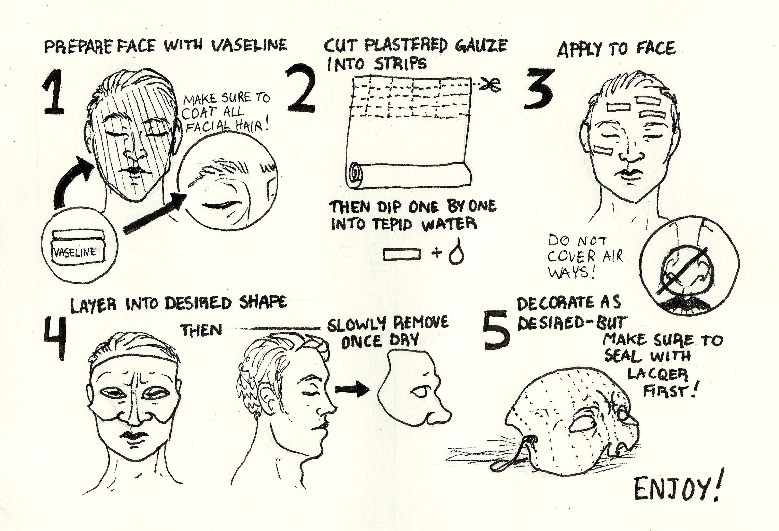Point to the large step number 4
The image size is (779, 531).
click(55, 338)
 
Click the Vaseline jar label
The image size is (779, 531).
click(75, 252)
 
